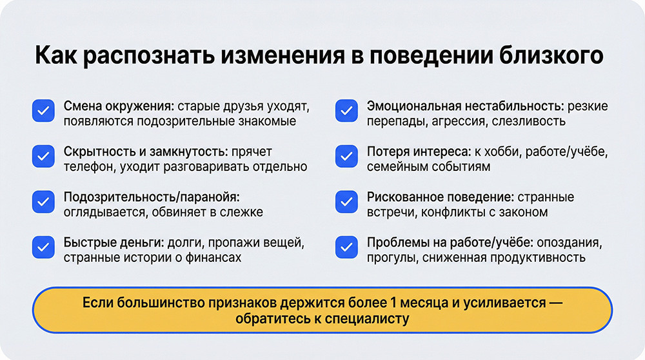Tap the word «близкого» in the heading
(551, 56)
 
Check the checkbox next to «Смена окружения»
(43, 112)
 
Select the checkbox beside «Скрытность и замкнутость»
(43, 157)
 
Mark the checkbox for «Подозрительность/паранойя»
(43, 202)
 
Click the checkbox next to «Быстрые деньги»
(43, 248)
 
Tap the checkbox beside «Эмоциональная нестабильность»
(346, 112)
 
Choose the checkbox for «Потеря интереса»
(346, 157)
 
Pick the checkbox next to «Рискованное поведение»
(346, 202)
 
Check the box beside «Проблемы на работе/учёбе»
(346, 248)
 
